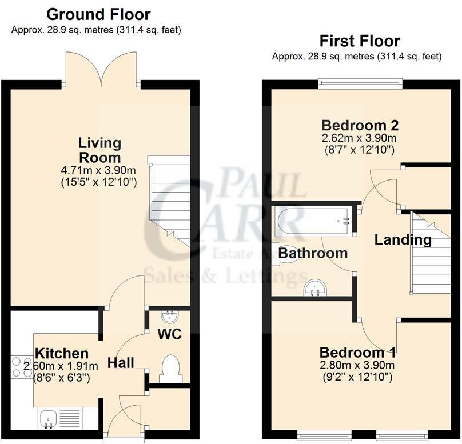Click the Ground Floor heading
point(98,14)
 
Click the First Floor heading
point(359,41)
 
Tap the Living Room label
point(100,150)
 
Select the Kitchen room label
point(62,353)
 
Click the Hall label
point(121,363)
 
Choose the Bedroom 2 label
point(360,125)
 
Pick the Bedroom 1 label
point(358,352)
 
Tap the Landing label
point(403,240)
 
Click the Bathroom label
point(313,253)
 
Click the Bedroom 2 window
point(360,83)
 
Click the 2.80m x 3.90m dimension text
point(358,366)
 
